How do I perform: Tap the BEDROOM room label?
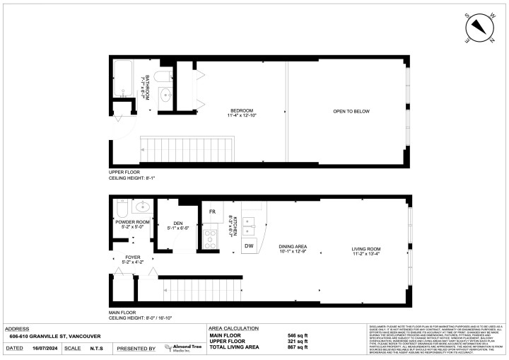pyautogui.click(x=241, y=111)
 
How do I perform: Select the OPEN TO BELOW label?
pyautogui.click(x=351, y=111)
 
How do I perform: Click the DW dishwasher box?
pyautogui.click(x=248, y=245)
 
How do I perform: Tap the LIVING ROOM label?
pyautogui.click(x=367, y=249)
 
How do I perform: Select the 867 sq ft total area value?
pyautogui.click(x=298, y=347)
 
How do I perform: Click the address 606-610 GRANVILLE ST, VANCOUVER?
pyautogui.click(x=52, y=337)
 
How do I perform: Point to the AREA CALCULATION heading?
pyautogui.click(x=234, y=329)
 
